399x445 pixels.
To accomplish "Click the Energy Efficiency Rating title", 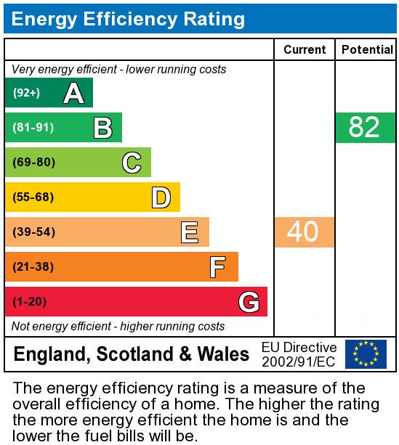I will point(129,19).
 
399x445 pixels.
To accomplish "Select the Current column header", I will point(305,49).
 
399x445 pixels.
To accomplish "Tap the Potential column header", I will point(366,49).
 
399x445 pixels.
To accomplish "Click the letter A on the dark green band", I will point(73,93).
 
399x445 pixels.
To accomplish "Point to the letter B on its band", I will point(102,128).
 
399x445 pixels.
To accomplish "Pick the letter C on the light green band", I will point(132,163).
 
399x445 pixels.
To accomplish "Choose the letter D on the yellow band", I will point(161,197).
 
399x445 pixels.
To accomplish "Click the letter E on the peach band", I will point(190,232).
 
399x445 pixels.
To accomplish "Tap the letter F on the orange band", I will point(217,267).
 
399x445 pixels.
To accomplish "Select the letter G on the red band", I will point(249,302).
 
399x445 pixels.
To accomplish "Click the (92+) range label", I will point(26,93).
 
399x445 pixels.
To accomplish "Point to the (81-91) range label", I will point(33,128).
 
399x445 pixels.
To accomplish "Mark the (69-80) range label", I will point(33,163).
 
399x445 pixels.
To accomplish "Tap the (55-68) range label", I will point(33,197).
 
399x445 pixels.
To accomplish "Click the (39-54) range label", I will point(33,232).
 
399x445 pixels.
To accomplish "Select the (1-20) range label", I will point(30,302).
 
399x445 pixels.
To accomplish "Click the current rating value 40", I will point(303,232).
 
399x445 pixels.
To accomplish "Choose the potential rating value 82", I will point(364,128).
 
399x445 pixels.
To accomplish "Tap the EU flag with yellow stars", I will point(366,354).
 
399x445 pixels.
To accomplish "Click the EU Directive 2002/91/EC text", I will point(299,354).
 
